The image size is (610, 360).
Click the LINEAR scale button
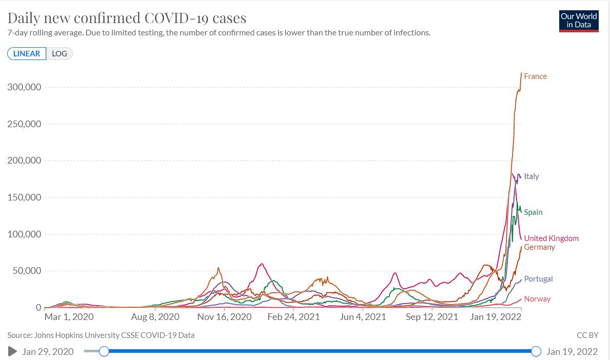[27, 54]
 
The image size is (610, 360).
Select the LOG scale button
[60, 54]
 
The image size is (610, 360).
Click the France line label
[535, 76]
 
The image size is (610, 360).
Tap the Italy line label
[532, 176]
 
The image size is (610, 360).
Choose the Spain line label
[533, 212]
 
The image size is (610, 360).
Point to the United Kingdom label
[551, 238]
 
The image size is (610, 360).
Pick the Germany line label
[539, 247]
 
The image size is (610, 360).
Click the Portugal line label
[538, 279]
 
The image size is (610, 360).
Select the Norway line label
[537, 299]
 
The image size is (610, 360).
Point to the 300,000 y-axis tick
[24, 87]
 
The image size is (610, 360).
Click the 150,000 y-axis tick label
[24, 197]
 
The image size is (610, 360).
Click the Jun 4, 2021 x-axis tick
[363, 317]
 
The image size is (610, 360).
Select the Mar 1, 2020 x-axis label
[69, 317]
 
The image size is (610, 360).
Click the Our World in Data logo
[579, 21]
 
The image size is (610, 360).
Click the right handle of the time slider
[536, 351]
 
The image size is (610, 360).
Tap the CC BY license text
[587, 335]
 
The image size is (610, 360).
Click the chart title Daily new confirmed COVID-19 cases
[127, 18]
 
